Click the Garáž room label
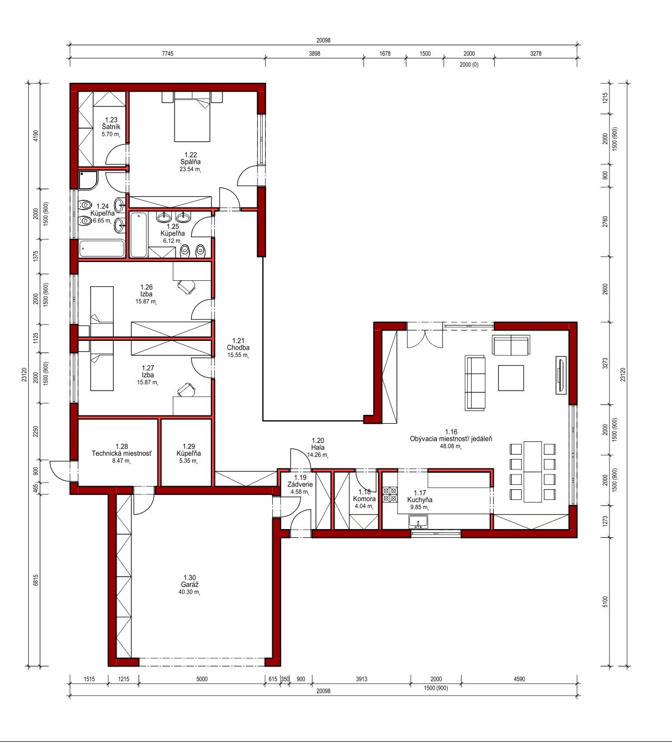[189, 585]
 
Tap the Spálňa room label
[191, 162]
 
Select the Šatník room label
[111, 127]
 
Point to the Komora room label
[364, 499]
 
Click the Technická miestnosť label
[121, 453]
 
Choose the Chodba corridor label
[238, 348]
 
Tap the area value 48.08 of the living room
[450, 446]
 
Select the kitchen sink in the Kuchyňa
[418, 522]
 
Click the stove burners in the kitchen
[390, 494]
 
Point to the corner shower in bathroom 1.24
[88, 180]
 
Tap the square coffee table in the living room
[511, 378]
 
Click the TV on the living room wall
[560, 375]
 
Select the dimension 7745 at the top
[167, 54]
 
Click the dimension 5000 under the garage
[202, 679]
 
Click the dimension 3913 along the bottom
[361, 679]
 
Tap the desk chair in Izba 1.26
[186, 287]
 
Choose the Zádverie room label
[300, 484]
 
